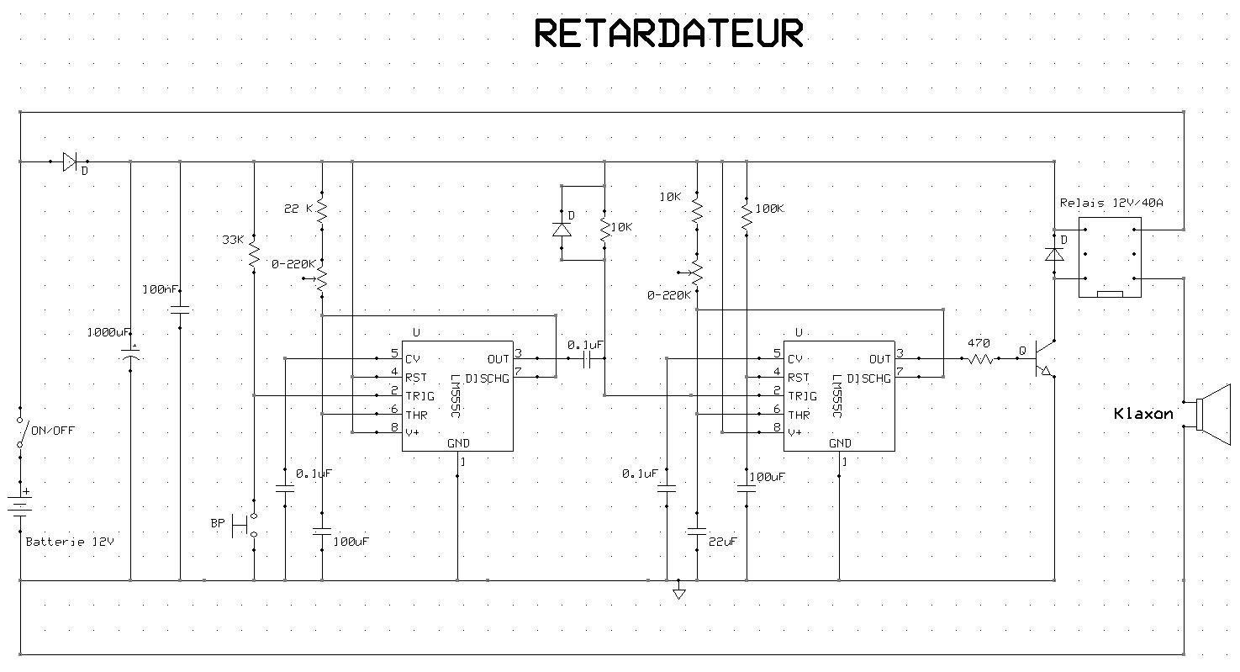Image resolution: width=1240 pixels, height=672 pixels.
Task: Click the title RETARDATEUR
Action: click(668, 34)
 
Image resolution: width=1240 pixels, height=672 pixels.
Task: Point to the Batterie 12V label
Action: click(69, 542)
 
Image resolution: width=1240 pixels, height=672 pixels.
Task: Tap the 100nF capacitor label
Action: click(161, 289)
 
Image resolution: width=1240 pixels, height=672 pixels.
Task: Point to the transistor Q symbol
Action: click(1043, 358)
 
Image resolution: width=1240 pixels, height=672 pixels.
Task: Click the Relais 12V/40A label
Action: click(1111, 203)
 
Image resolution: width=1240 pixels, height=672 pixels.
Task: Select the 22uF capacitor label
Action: click(723, 542)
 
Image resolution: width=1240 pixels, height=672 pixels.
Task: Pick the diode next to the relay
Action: click(1054, 253)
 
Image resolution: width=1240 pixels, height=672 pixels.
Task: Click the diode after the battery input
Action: click(70, 161)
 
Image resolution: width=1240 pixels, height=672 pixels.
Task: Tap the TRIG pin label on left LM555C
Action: click(420, 395)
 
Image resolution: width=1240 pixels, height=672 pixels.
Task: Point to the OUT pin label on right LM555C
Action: click(880, 359)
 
